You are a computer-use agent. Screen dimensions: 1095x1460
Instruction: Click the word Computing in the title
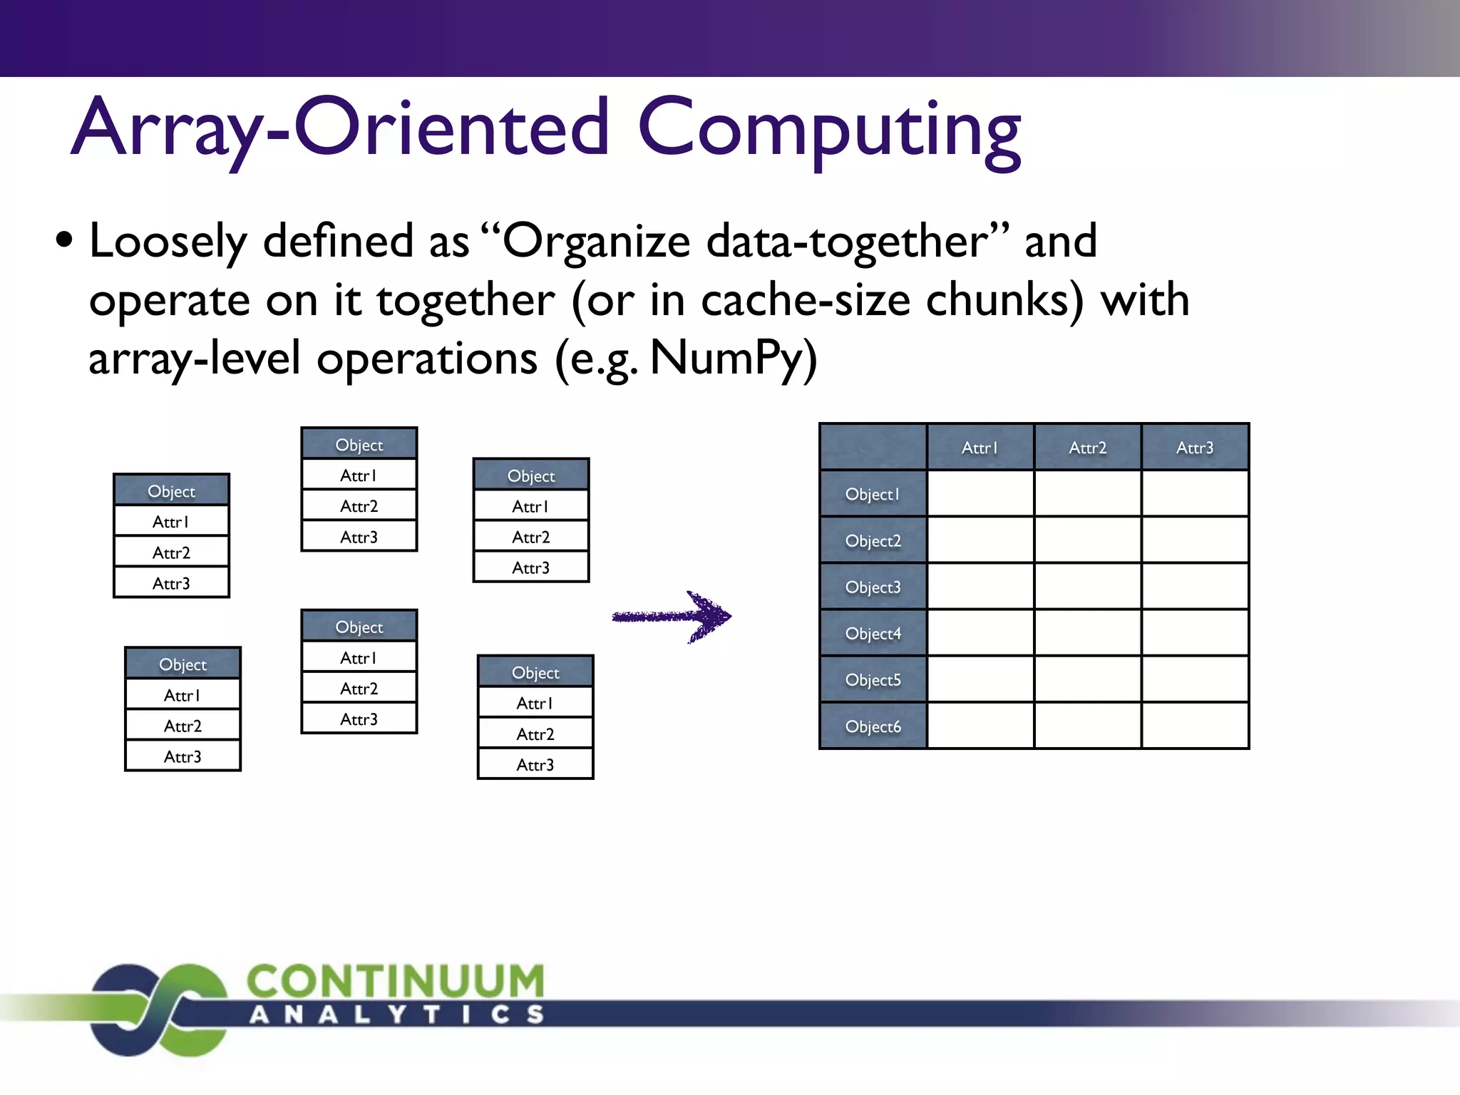(x=829, y=128)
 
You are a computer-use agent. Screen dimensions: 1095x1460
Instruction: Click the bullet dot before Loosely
(x=64, y=241)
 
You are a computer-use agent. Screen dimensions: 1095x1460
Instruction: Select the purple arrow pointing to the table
(x=672, y=617)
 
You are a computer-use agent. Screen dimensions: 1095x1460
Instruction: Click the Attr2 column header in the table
(x=1087, y=448)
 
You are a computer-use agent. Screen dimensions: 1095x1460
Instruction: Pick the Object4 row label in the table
(x=873, y=634)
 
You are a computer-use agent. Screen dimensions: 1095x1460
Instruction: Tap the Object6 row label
(x=873, y=726)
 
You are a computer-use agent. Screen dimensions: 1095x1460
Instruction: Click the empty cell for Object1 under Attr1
(x=980, y=494)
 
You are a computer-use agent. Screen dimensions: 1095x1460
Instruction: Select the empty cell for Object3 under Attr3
(x=1195, y=587)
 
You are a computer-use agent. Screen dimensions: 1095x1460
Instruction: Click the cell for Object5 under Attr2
(x=1087, y=679)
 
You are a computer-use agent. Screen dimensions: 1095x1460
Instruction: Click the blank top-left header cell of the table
(x=873, y=448)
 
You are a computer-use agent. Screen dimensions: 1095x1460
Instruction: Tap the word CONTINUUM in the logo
(x=396, y=982)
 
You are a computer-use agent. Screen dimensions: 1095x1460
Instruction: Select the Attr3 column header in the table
(x=1195, y=448)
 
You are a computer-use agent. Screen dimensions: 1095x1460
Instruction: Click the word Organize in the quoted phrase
(x=597, y=242)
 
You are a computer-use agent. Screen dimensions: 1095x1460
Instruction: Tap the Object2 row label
(x=873, y=541)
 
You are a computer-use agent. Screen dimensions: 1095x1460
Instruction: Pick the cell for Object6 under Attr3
(x=1195, y=726)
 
